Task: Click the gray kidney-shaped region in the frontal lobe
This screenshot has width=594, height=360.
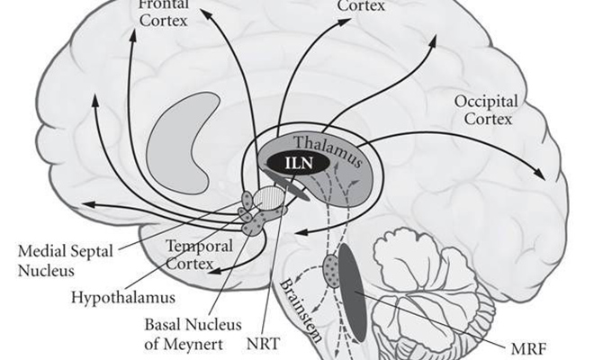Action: coord(177,139)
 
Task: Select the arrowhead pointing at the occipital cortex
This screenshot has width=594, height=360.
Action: coord(541,174)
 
